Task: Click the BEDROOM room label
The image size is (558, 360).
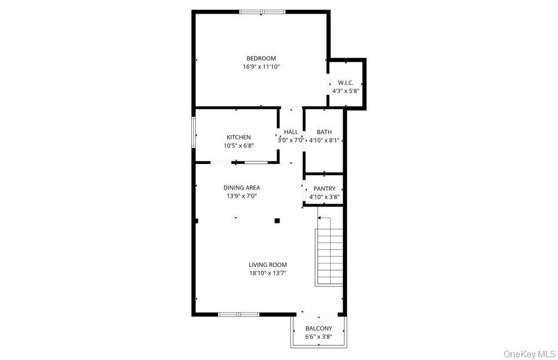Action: (261, 58)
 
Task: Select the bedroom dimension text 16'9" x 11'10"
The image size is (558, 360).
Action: (261, 67)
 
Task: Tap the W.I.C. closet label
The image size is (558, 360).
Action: (345, 83)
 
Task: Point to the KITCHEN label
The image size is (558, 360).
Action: (239, 137)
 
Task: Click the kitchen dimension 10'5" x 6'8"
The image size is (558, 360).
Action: (239, 145)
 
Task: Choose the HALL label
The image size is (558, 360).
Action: (291, 132)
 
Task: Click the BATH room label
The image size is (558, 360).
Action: (324, 132)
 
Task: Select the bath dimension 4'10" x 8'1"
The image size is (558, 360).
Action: (324, 140)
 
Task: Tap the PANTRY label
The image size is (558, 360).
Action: (324, 189)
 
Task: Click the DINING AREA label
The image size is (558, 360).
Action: (241, 188)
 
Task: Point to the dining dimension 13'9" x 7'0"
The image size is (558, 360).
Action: (241, 196)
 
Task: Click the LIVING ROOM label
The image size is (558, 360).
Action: (268, 265)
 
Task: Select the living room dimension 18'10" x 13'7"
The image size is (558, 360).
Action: (268, 273)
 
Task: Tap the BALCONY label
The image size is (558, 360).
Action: (319, 328)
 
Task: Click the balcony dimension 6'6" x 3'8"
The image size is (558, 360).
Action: (319, 337)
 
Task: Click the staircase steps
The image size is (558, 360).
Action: (329, 257)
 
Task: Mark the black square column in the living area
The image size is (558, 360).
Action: (277, 221)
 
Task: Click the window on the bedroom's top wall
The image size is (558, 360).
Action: (262, 11)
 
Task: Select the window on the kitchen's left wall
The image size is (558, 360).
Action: (193, 132)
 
